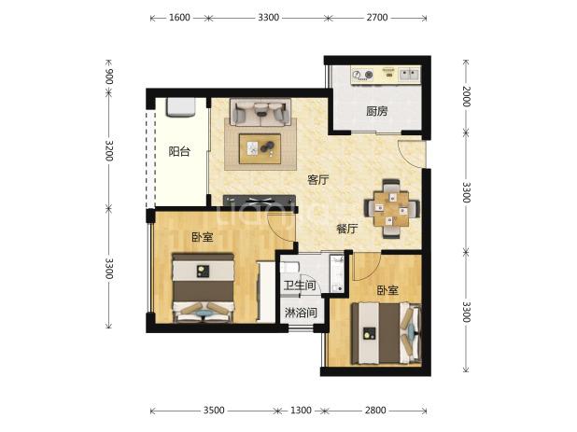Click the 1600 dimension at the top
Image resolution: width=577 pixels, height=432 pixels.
pyautogui.click(x=179, y=18)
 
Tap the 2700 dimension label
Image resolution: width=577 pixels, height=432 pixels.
pyautogui.click(x=377, y=18)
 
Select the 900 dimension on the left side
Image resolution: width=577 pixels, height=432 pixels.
pyautogui.click(x=109, y=77)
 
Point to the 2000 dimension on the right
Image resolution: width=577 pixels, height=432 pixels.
pyautogui.click(x=466, y=96)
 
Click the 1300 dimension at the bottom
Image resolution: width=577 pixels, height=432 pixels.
pyautogui.click(x=301, y=410)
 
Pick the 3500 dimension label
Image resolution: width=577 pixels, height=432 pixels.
pyautogui.click(x=214, y=410)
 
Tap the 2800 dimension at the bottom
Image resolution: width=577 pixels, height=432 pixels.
pyautogui.click(x=375, y=410)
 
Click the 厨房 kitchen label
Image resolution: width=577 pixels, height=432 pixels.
pyautogui.click(x=377, y=111)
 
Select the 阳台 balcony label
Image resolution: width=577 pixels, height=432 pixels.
pyautogui.click(x=179, y=151)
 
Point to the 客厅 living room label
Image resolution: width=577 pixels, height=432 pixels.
pyautogui.click(x=318, y=180)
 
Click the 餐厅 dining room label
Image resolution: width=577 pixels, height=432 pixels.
pyautogui.click(x=346, y=229)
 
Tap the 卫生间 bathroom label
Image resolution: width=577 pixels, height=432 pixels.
pyautogui.click(x=300, y=285)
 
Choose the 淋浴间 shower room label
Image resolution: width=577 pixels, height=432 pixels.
pyautogui.click(x=301, y=313)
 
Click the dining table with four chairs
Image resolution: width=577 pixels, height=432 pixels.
pyautogui.click(x=391, y=208)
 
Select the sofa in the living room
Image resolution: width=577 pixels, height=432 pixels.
pyautogui.click(x=260, y=112)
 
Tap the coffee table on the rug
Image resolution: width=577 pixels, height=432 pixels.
pyautogui.click(x=260, y=148)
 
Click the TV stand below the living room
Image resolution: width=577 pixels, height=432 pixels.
pyautogui.click(x=260, y=200)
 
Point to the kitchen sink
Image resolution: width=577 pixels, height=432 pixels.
pyautogui.click(x=409, y=75)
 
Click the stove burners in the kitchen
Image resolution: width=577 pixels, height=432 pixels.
pyautogui.click(x=362, y=75)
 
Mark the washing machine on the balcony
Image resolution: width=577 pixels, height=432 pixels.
pyautogui.click(x=181, y=107)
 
